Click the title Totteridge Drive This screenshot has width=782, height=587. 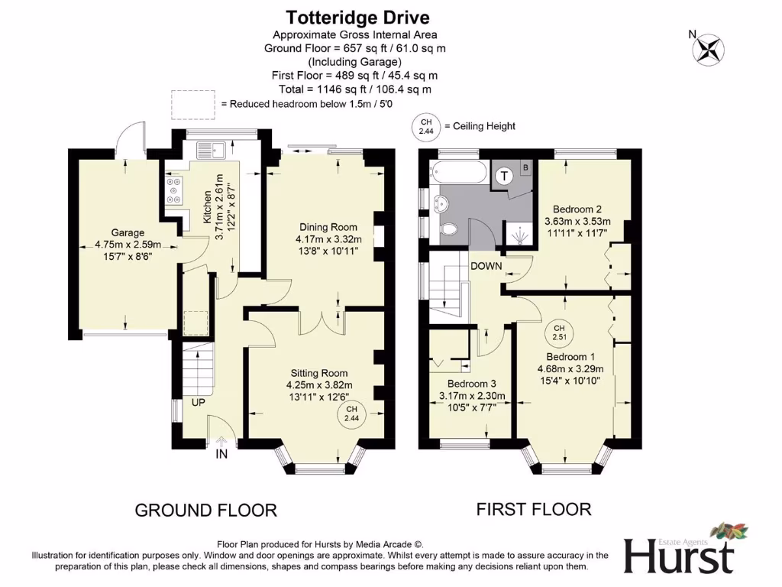click(x=357, y=17)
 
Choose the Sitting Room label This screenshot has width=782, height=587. click(x=319, y=373)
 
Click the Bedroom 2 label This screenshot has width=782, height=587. click(x=578, y=209)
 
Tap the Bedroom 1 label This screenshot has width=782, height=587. click(x=570, y=357)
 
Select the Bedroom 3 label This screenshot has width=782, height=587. click(x=472, y=384)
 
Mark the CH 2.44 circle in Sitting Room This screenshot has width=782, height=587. click(x=351, y=414)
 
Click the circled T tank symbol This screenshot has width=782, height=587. click(x=505, y=177)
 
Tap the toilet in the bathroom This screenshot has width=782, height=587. click(x=451, y=229)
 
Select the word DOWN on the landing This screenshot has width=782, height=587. click(x=486, y=266)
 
